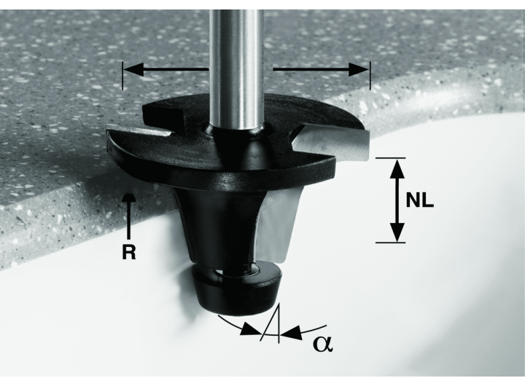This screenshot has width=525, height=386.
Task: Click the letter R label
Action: pos(129,252)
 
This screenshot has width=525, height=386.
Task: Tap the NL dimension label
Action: pos(419,200)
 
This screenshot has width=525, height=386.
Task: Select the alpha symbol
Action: pos(323,344)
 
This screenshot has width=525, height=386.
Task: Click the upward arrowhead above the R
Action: pos(129,198)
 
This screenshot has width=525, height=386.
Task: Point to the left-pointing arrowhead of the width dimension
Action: pos(134,70)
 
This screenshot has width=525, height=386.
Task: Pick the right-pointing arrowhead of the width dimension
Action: pos(359,70)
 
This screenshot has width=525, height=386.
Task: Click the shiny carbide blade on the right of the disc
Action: pos(332,142)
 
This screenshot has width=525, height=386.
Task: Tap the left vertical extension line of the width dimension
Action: pos(122,76)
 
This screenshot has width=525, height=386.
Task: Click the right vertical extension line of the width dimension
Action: pos(370,76)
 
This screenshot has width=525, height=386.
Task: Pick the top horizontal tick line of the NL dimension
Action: pos(390,157)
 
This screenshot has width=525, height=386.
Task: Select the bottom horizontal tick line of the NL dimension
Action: pos(390,243)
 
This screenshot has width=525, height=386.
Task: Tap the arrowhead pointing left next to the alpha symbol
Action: pos(291,332)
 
